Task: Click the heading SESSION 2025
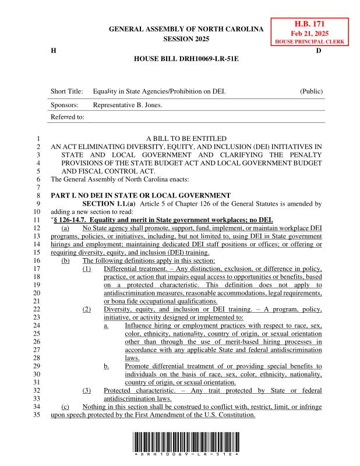point(186,39)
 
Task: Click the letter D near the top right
point(319,51)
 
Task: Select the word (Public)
point(311,92)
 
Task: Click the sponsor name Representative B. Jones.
point(128,105)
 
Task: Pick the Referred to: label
point(68,117)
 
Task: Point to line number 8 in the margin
point(37,195)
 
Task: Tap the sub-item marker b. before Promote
point(107,366)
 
